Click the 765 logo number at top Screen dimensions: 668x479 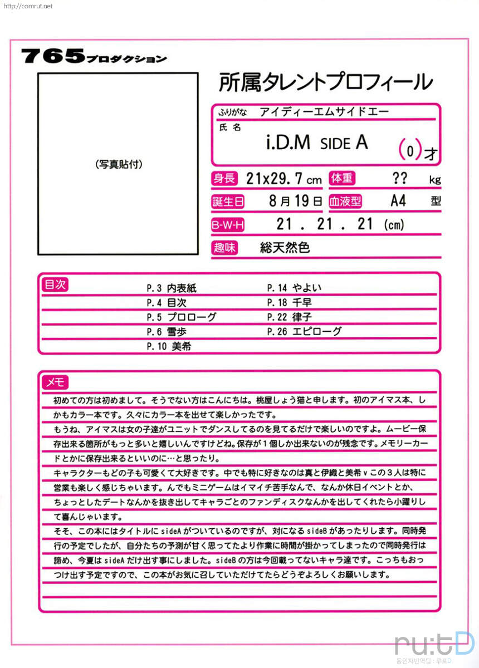52,56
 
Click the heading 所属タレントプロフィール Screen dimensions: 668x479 326,82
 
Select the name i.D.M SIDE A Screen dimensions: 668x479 317,143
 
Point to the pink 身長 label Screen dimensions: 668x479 224,179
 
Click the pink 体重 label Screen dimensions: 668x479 342,179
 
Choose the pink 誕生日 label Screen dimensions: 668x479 228,202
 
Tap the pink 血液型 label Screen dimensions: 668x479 345,202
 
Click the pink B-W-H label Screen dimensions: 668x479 228,225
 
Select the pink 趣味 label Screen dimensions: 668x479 224,248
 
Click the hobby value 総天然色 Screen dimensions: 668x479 285,248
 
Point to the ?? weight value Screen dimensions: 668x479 399,178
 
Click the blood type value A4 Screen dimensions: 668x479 398,201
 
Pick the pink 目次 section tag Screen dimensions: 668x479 55,285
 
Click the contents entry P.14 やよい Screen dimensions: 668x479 294,288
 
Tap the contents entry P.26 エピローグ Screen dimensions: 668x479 304,331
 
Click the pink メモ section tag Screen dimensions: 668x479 55,382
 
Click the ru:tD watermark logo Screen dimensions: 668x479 434,644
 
